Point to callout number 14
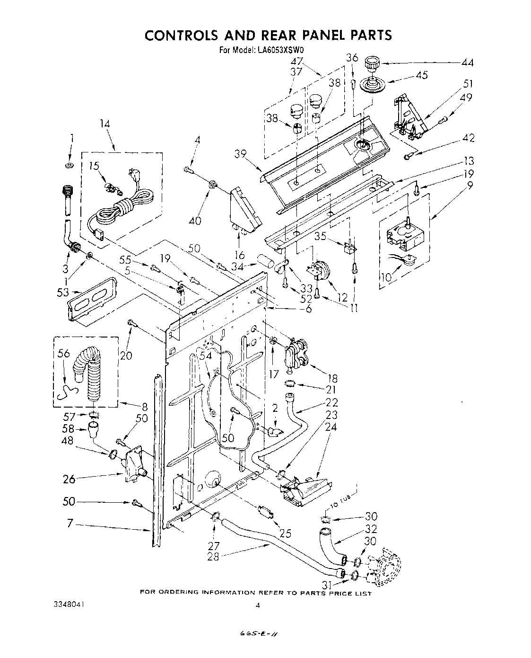click(104, 124)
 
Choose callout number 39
click(241, 154)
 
